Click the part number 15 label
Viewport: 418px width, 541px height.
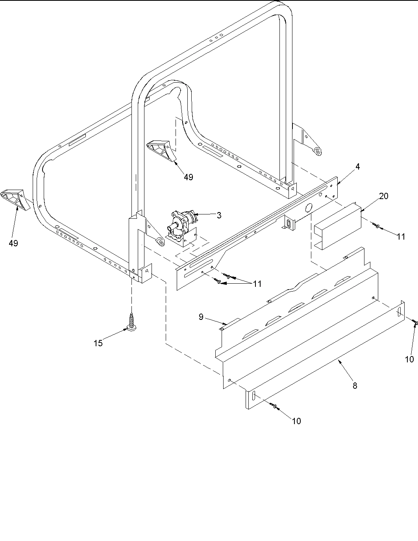[98, 343]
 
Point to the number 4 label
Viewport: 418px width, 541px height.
[357, 166]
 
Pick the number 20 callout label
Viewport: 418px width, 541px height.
[383, 196]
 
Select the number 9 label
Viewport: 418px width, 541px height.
[201, 317]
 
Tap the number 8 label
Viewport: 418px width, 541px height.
[355, 386]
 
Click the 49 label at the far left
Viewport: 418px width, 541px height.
[13, 243]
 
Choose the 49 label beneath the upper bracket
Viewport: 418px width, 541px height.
[189, 177]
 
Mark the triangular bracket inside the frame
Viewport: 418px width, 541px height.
[159, 149]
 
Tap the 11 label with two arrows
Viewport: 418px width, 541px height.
[257, 284]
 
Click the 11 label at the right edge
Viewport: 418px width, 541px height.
[401, 236]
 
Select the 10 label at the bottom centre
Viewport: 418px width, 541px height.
[296, 421]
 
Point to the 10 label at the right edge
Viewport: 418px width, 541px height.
[409, 359]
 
